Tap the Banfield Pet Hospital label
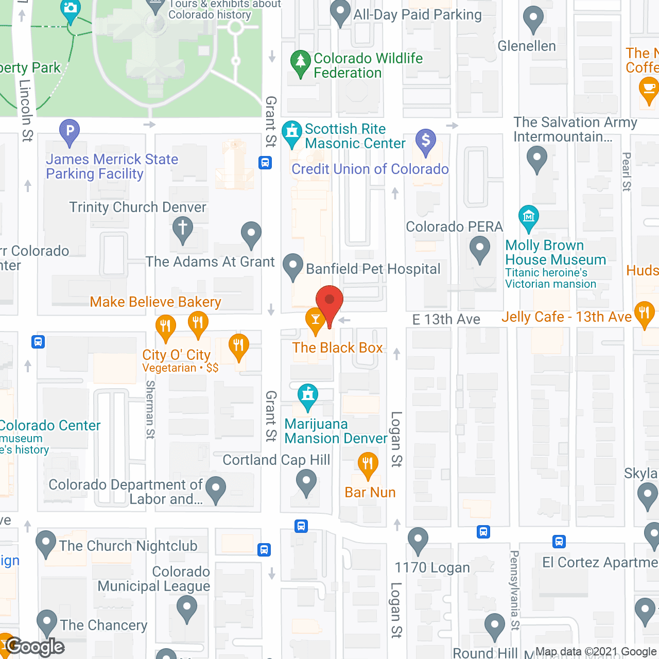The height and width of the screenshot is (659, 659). point(373,269)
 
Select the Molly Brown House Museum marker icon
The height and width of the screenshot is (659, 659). point(529,217)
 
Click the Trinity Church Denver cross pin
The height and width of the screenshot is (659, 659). point(182,228)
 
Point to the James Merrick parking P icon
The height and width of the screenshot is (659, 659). point(70,131)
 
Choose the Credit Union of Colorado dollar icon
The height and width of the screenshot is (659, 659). point(426,141)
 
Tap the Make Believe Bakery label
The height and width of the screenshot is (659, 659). point(155,302)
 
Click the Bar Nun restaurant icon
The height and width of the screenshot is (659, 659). point(368,464)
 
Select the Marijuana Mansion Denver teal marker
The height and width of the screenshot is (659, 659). point(308,396)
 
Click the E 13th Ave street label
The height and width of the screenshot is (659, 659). point(446,320)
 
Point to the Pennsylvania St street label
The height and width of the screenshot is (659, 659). point(514,589)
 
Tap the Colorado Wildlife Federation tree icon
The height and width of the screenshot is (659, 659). point(300,62)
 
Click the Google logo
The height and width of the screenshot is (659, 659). point(35,647)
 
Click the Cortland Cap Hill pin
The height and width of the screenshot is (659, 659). point(306,483)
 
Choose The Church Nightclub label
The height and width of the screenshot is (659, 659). point(128,546)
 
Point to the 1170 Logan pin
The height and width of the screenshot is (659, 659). point(418,540)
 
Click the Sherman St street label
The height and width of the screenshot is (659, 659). point(150,409)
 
